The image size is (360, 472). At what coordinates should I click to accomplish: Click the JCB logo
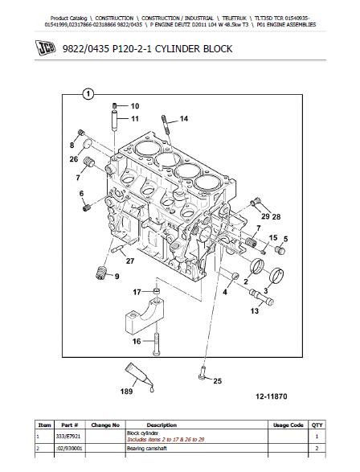pos(46,47)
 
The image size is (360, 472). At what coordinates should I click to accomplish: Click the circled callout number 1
pos(88,94)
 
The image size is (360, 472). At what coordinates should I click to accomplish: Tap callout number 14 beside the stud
pos(184,119)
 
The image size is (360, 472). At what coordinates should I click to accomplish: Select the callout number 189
pos(126,392)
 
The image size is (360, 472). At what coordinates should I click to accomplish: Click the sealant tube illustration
pos(140,376)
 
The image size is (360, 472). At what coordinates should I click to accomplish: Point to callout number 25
pos(218,381)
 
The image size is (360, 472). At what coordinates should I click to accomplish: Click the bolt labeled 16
pos(156,344)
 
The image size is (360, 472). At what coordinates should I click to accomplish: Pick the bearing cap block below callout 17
pos(145,316)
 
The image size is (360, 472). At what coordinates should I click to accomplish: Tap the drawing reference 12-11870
pos(272,396)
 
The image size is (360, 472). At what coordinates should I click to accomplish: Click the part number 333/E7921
pos(68,436)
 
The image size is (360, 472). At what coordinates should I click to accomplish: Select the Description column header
pos(162,425)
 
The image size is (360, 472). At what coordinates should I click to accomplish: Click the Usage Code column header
pos(288,425)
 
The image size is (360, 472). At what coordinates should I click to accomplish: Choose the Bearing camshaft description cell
pos(147,449)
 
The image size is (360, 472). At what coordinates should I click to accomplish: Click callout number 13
pos(255,311)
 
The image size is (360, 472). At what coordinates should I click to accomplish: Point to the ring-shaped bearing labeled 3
pos(276,276)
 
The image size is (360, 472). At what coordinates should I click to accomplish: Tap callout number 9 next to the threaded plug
pos(117,277)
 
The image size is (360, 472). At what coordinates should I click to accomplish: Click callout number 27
pos(130,261)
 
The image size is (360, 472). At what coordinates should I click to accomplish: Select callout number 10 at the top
pos(135,106)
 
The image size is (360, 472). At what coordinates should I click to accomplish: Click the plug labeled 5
pos(280,250)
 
